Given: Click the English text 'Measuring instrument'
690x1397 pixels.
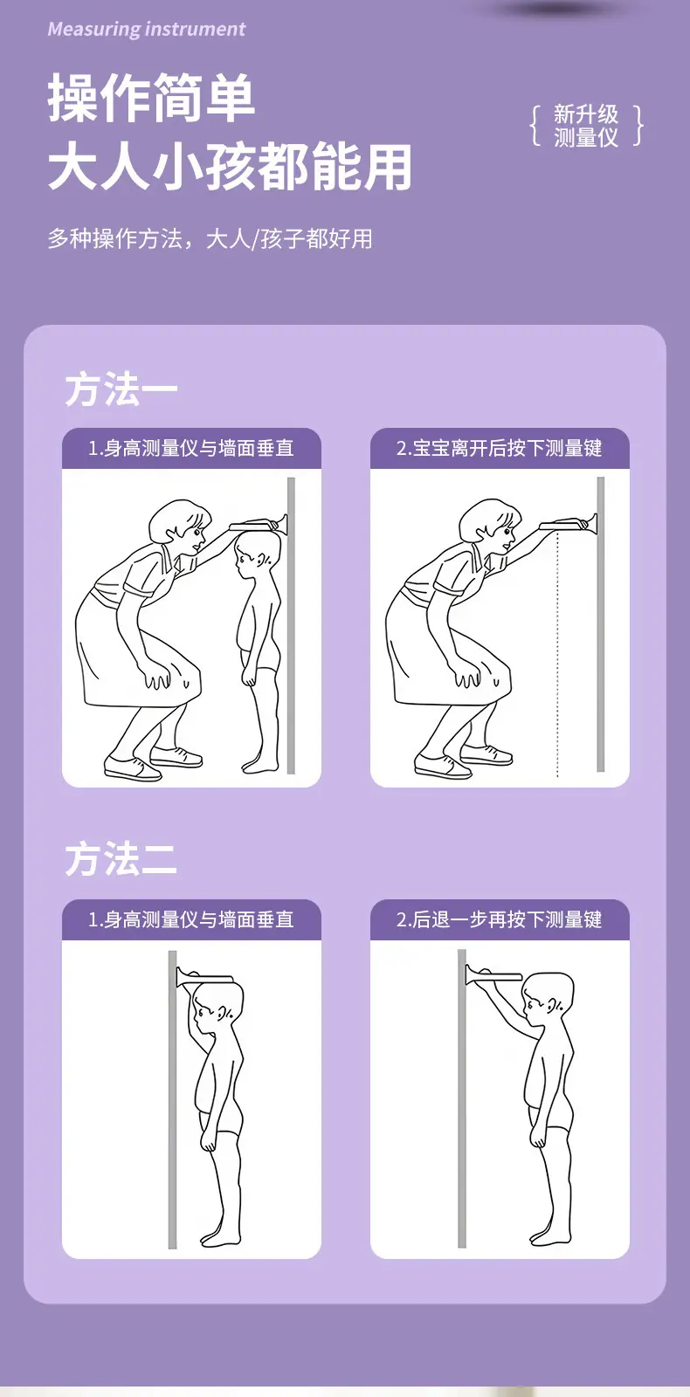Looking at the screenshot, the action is tap(147, 30).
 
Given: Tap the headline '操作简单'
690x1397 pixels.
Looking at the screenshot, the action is tap(152, 98).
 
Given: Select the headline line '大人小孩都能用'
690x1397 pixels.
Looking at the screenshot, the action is tap(230, 166).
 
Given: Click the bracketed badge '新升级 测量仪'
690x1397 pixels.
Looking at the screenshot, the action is tap(586, 126).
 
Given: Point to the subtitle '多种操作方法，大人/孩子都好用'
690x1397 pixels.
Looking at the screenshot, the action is tap(210, 239).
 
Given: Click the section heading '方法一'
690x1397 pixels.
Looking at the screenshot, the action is tap(121, 389).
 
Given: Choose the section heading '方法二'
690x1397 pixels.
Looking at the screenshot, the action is tap(121, 859).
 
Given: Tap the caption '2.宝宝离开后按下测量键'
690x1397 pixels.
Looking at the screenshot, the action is tap(499, 449).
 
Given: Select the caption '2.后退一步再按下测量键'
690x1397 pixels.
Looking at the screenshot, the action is tap(499, 920).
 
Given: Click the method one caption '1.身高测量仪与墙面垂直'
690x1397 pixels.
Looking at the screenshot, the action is tap(191, 449).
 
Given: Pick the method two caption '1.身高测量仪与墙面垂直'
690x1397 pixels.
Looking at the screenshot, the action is tap(191, 920).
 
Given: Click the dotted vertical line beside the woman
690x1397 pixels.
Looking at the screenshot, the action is tap(557, 654).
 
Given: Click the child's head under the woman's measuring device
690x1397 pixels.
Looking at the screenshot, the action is tap(256, 553).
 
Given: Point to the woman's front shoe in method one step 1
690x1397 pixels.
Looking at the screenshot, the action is tap(132, 767).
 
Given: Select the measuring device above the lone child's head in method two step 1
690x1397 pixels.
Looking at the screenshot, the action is tap(204, 977).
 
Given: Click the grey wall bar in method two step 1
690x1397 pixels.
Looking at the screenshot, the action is tap(173, 1099).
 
